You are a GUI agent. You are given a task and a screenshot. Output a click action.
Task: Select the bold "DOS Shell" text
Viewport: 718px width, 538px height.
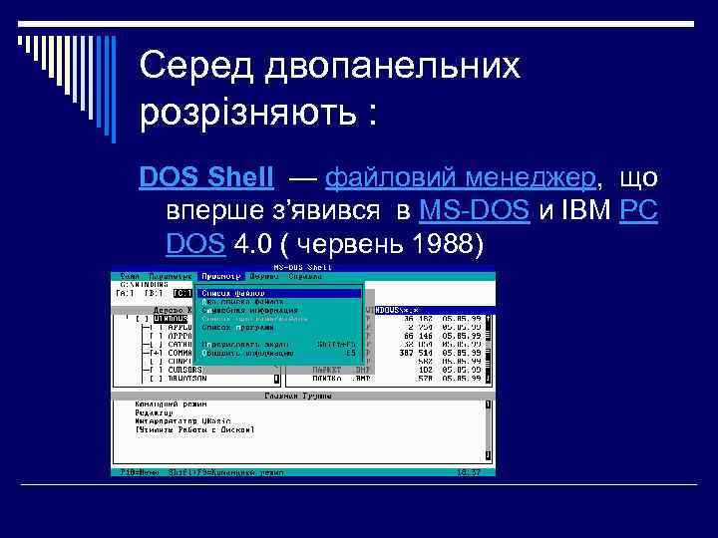(x=206, y=177)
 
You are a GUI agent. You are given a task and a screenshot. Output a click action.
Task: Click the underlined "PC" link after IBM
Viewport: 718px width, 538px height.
(x=638, y=210)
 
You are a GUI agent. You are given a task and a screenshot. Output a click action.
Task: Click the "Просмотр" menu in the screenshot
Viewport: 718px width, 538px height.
(x=220, y=276)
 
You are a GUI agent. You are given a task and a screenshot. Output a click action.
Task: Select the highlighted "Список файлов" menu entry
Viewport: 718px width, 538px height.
(x=233, y=293)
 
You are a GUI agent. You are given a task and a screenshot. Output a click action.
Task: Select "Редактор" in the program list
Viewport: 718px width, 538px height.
(x=154, y=412)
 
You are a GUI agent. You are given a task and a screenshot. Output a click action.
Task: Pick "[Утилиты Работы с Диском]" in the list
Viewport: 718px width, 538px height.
(x=194, y=429)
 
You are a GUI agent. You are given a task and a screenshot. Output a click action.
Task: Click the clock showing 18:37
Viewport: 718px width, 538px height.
(x=468, y=471)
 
